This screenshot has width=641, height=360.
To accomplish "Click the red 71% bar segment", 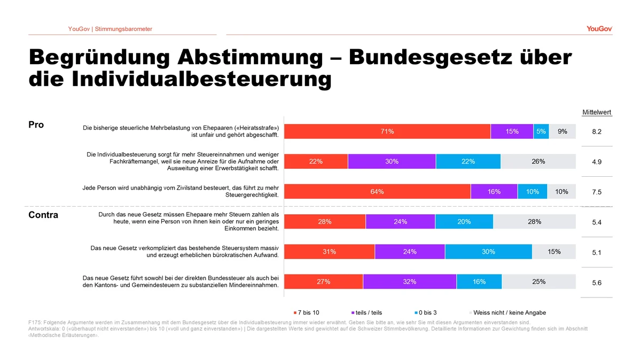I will pyautogui.click(x=387, y=131).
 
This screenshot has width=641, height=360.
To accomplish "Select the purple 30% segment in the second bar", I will pyautogui.click(x=392, y=162).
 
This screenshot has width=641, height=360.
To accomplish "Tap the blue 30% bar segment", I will pyautogui.click(x=488, y=252).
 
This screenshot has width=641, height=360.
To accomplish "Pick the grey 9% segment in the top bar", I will pyautogui.click(x=562, y=131).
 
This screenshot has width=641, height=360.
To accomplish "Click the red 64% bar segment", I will pyautogui.click(x=377, y=192).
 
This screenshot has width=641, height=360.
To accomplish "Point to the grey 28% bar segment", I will pyautogui.click(x=534, y=222).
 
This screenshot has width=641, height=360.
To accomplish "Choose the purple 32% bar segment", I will pyautogui.click(x=410, y=282).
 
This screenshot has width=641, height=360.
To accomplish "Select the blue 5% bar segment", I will pyautogui.click(x=541, y=131).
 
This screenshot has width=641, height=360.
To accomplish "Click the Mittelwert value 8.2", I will pyautogui.click(x=597, y=132).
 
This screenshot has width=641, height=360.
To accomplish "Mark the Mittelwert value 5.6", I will pyautogui.click(x=597, y=283).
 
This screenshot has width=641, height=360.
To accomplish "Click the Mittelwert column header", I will pyautogui.click(x=597, y=112).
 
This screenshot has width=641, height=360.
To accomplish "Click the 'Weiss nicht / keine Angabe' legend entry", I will pyautogui.click(x=509, y=312).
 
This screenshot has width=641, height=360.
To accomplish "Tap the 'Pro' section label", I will pyautogui.click(x=36, y=125).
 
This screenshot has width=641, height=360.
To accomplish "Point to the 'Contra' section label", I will pyautogui.click(x=43, y=215).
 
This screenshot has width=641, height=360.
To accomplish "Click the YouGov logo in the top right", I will pyautogui.click(x=599, y=29).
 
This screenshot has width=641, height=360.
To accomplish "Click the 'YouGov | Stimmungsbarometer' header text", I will pyautogui.click(x=110, y=29).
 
